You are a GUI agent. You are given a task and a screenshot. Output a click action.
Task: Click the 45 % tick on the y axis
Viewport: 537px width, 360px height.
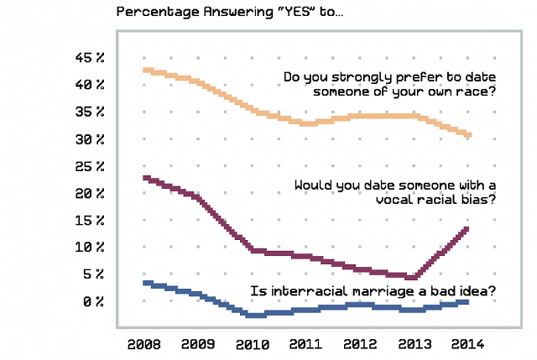click(89, 58)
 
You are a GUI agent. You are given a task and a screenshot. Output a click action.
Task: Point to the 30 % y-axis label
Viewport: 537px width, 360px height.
click(89, 139)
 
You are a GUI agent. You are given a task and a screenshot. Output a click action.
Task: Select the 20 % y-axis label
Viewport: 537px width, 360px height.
click(89, 194)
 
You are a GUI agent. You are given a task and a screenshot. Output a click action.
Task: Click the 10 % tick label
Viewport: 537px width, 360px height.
click(89, 248)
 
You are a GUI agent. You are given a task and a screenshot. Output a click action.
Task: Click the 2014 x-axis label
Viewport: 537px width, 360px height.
click(467, 345)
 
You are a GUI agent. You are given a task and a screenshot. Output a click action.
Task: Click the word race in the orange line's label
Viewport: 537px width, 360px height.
click(475, 92)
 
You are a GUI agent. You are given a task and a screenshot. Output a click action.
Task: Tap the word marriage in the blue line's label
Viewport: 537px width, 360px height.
click(377, 292)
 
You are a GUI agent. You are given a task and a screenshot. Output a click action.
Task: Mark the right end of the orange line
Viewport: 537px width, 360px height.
click(468, 134)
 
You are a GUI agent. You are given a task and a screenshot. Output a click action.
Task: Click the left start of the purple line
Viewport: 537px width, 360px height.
click(147, 178)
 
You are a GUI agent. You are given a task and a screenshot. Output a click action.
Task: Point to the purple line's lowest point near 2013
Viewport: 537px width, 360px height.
click(412, 276)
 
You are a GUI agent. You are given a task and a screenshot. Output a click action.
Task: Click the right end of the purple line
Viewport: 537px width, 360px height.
click(466, 229)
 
